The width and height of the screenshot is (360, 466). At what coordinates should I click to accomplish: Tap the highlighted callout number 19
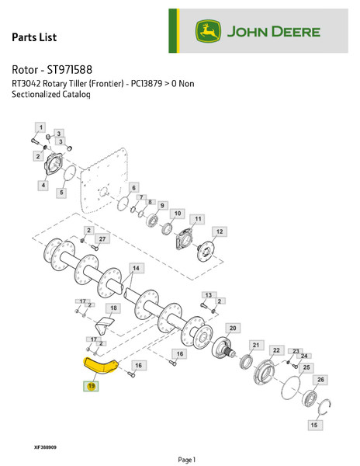pyautogui.click(x=91, y=386)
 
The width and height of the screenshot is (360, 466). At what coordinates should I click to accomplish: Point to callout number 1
pyautogui.click(x=40, y=126)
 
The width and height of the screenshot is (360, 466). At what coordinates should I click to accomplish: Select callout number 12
pyautogui.click(x=220, y=231)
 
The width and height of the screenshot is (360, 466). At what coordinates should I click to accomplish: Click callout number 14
pyautogui.click(x=136, y=268)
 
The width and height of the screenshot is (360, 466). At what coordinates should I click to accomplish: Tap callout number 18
pyautogui.click(x=113, y=308)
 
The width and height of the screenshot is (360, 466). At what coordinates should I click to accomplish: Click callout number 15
pyautogui.click(x=313, y=425)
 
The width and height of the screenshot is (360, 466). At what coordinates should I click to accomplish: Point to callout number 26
pyautogui.click(x=322, y=379)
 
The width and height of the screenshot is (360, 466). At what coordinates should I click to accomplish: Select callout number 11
pyautogui.click(x=198, y=220)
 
